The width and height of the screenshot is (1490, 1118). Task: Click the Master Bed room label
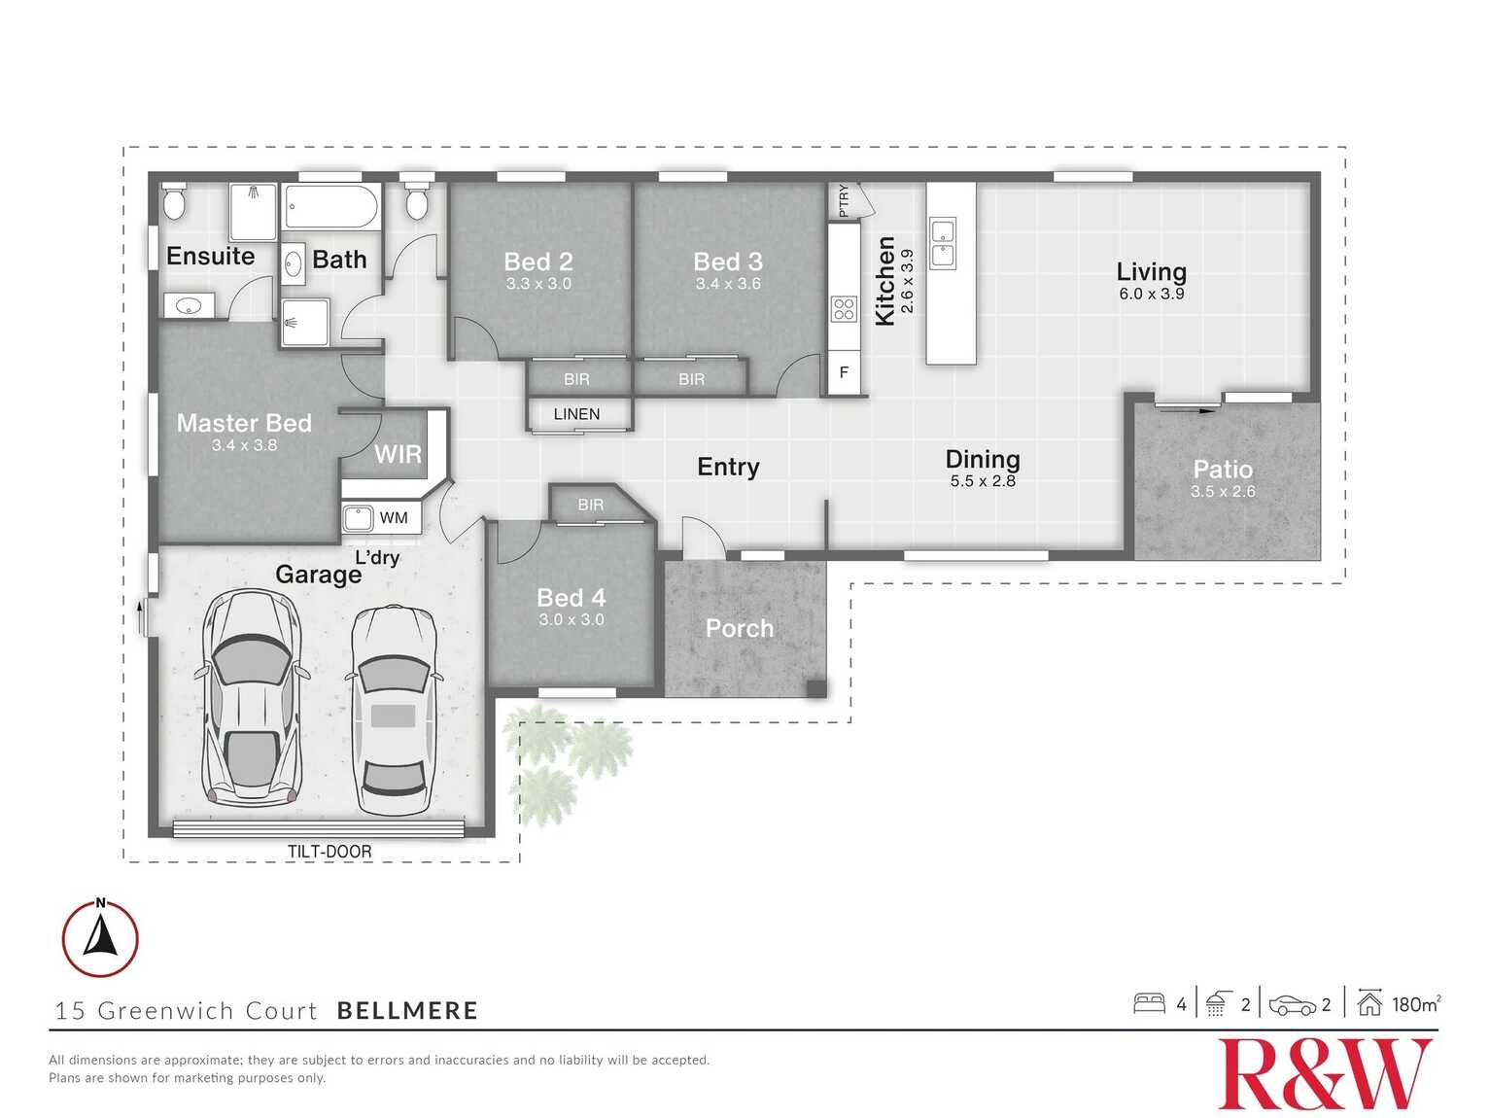point(244,423)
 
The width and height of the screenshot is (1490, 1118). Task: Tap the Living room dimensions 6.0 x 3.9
point(1151,294)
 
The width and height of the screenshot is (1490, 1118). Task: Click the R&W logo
point(1326,1073)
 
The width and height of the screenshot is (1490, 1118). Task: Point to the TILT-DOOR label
point(329,852)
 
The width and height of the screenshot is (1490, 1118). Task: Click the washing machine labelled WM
point(360,517)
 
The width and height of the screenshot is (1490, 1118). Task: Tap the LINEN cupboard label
point(576,414)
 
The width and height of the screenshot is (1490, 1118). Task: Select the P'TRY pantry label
point(843,200)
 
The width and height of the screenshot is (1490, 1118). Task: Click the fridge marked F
point(844,372)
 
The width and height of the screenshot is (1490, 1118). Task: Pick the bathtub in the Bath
point(330,207)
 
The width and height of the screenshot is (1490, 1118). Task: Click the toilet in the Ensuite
point(175,202)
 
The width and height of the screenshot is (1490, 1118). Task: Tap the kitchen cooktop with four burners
point(844,310)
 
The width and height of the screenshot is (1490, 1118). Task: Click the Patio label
point(1223,470)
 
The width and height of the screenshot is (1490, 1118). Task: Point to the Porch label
point(740,629)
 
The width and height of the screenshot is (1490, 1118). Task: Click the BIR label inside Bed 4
point(591,505)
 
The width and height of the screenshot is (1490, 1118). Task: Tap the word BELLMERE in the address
point(407,1011)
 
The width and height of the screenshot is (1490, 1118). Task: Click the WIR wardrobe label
point(398,454)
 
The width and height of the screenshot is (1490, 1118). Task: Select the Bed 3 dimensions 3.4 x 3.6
point(728,284)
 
